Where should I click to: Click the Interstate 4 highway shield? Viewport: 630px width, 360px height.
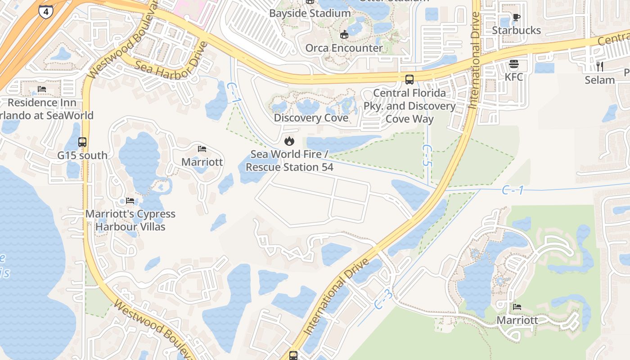[x=45, y=11]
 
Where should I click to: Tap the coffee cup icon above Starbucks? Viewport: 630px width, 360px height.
[x=516, y=18]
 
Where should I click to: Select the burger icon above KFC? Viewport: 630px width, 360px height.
[x=514, y=64]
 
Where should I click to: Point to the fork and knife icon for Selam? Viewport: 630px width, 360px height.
[x=599, y=67]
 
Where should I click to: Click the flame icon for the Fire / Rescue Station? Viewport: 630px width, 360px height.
[x=289, y=141]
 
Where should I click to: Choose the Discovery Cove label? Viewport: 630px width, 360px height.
[x=311, y=118]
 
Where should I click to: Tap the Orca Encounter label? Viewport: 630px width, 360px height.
[x=344, y=48]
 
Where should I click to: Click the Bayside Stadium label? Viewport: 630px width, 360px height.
[x=310, y=13]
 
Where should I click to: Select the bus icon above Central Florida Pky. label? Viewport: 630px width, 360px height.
[x=409, y=80]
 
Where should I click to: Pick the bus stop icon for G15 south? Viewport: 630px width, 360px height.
[x=82, y=142]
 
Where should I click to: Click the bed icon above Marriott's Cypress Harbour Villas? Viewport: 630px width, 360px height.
[x=130, y=200]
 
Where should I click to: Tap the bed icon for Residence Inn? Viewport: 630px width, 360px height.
[x=42, y=89]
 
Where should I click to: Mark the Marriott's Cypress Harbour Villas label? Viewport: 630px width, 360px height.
[x=130, y=220]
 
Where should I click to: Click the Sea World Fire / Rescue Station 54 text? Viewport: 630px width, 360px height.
[x=289, y=161]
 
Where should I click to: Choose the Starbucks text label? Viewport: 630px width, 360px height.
[x=516, y=30]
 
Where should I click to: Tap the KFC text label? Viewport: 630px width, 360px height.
[x=514, y=77]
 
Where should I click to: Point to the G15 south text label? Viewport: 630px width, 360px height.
[x=82, y=155]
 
